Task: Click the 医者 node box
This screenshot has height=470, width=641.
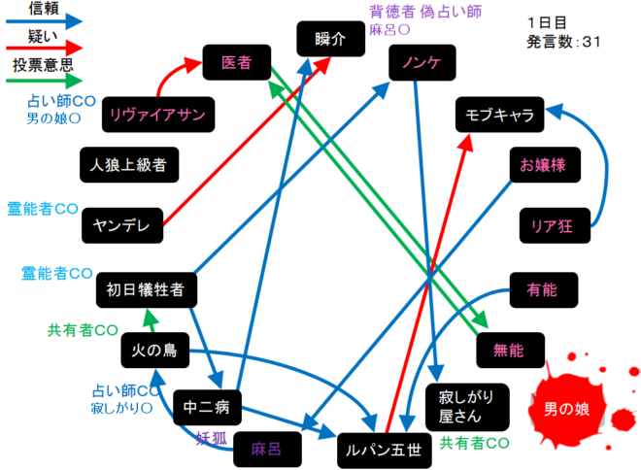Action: [x=237, y=63]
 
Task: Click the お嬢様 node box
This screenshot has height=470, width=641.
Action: [x=543, y=166]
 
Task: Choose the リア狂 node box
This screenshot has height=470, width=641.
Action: [x=553, y=225]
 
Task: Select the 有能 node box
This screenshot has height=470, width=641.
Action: [x=543, y=288]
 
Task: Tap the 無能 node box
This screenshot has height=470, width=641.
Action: [x=508, y=349]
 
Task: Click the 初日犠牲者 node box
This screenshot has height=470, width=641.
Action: [x=148, y=288]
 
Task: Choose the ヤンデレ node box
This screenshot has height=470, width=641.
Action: [x=121, y=225]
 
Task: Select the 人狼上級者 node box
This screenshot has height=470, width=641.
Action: [x=129, y=164]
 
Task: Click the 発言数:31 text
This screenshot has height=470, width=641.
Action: [x=564, y=43]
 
